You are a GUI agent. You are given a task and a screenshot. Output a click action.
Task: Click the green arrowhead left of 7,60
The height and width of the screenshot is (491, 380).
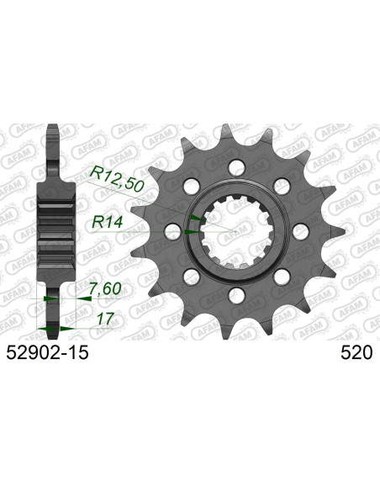coord(51,298)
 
